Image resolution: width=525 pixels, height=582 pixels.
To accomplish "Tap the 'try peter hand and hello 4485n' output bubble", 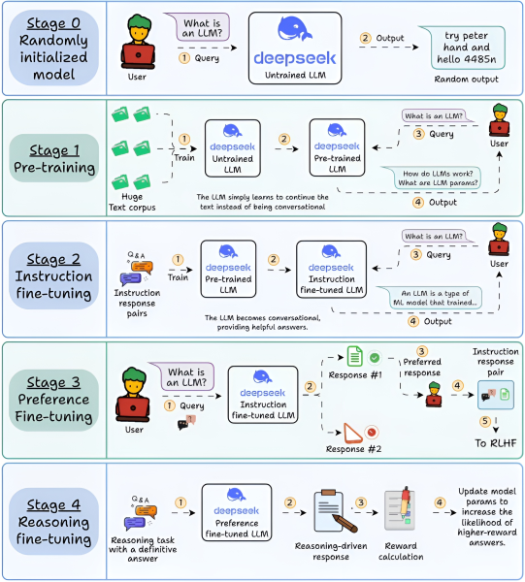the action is point(466,48).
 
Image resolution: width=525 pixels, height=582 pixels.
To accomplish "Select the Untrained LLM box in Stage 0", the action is point(295,48).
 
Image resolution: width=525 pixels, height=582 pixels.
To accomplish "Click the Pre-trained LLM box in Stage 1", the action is point(337,147).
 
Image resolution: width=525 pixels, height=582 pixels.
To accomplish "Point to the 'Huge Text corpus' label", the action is point(132,202).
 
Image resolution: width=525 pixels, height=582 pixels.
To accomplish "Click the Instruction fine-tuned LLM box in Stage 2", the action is point(332,270).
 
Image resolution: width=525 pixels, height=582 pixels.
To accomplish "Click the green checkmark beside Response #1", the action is point(375,357).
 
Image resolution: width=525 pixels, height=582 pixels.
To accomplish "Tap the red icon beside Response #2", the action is point(372,432).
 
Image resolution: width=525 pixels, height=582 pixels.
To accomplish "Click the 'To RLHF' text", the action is point(496,443).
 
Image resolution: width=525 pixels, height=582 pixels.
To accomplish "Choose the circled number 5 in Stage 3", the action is point(485,421).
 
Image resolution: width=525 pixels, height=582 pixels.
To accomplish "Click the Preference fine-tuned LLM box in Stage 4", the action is point(237,512).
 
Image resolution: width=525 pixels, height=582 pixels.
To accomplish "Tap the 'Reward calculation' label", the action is point(401,551).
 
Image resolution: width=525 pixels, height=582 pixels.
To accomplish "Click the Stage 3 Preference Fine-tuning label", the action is point(53,400).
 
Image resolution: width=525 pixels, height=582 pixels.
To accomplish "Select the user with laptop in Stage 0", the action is point(138,42).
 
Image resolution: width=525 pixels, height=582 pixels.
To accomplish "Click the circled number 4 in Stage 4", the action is point(440,502).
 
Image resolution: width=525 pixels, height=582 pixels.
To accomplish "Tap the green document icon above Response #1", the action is point(354,356).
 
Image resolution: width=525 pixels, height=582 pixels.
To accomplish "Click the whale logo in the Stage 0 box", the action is point(295,29).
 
